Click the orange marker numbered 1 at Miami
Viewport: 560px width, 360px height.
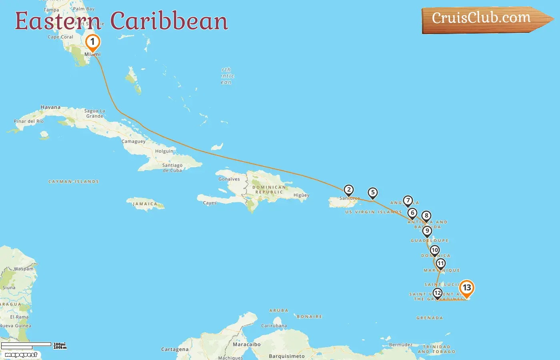(x=92, y=42)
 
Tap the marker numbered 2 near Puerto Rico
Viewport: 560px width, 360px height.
(x=349, y=190)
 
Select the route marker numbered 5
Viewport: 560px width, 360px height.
(x=373, y=193)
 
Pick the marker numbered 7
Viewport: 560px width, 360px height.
(x=408, y=200)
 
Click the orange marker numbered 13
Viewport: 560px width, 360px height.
(x=466, y=288)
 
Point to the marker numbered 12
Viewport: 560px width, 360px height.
(x=438, y=293)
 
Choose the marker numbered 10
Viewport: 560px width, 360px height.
(x=435, y=250)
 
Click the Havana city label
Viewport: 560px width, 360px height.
(x=50, y=107)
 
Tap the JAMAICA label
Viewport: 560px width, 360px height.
(x=145, y=204)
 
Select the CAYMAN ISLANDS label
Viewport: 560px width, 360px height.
(x=74, y=182)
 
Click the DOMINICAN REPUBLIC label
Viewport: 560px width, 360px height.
(x=269, y=190)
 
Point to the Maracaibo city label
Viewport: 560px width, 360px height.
(x=247, y=344)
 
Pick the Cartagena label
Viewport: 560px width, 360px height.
(x=175, y=350)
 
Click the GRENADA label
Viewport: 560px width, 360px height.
(x=430, y=318)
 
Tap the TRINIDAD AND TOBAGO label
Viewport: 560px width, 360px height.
(x=436, y=349)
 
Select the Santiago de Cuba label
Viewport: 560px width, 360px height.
(x=172, y=168)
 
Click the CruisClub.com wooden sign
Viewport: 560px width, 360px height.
(x=482, y=19)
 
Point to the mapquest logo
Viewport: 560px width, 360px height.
(x=21, y=355)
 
